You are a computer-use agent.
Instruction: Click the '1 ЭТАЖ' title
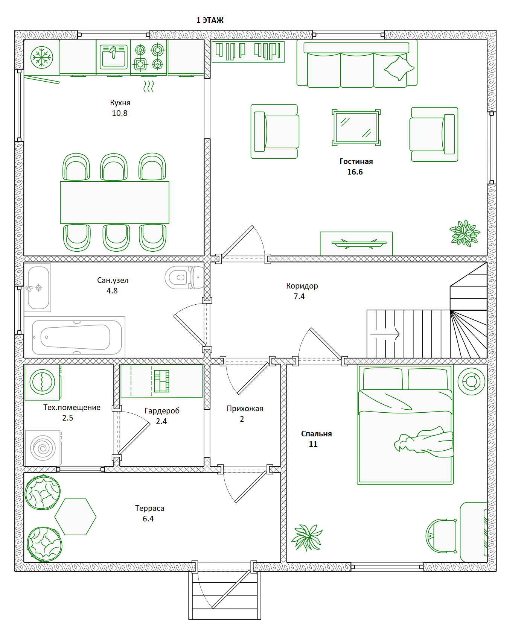coord(210,20)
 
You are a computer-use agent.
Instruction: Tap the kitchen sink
coord(114,57)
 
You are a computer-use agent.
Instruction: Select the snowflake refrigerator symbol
coord(42,58)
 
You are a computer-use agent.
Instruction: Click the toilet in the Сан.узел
coord(184,278)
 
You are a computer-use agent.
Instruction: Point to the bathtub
coord(77,337)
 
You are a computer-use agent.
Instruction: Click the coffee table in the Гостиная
coord(356,128)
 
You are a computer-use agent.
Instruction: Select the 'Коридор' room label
coord(302,286)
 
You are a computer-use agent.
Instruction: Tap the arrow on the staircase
coord(385,334)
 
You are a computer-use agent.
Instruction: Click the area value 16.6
coord(355,172)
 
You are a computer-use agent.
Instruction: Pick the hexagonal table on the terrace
coord(75,517)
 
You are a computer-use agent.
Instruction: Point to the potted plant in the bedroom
coord(307,538)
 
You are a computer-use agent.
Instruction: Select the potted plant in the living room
coord(465,233)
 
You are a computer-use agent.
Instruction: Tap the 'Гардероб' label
coord(162,411)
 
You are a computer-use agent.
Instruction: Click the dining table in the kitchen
coord(115,202)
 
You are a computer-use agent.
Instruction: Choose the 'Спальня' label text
coord(316,434)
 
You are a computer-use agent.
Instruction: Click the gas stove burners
coord(149,58)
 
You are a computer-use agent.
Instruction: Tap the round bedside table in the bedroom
coord(471,381)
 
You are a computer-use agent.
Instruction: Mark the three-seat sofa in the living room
coord(357,65)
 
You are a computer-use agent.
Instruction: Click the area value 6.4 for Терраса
coord(148,519)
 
